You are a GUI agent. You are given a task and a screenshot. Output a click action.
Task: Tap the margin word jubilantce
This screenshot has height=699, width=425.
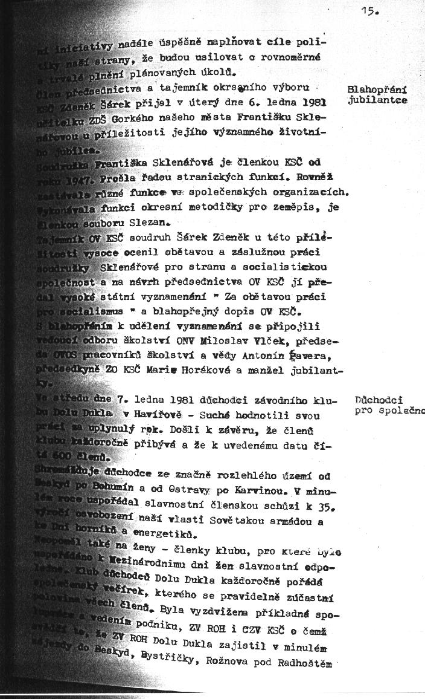coord(377,100)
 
